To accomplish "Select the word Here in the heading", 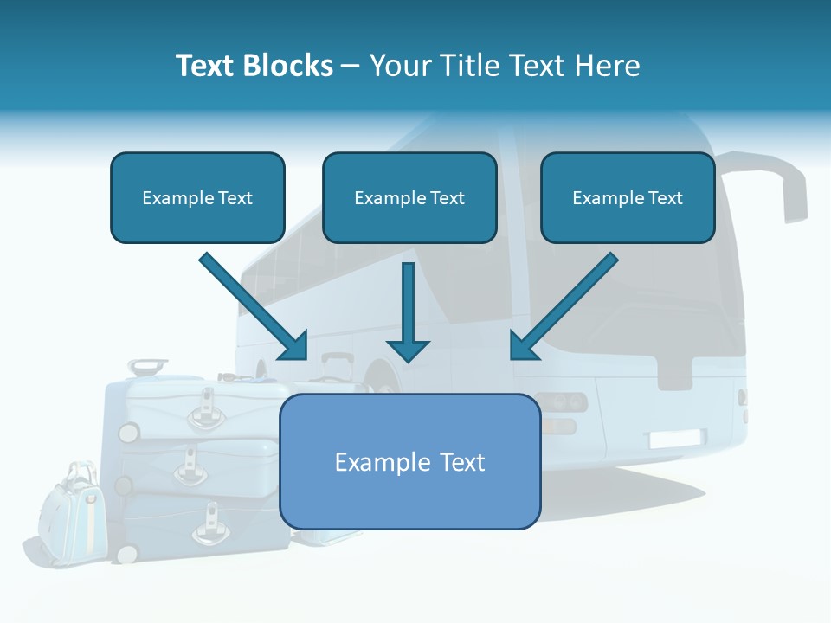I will [609, 66].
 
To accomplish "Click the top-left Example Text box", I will [197, 198].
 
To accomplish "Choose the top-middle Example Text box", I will [409, 198].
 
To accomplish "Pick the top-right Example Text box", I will [628, 198].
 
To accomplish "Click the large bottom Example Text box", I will [410, 462].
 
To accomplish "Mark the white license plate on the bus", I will [677, 439].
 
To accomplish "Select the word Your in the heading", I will [398, 66].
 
